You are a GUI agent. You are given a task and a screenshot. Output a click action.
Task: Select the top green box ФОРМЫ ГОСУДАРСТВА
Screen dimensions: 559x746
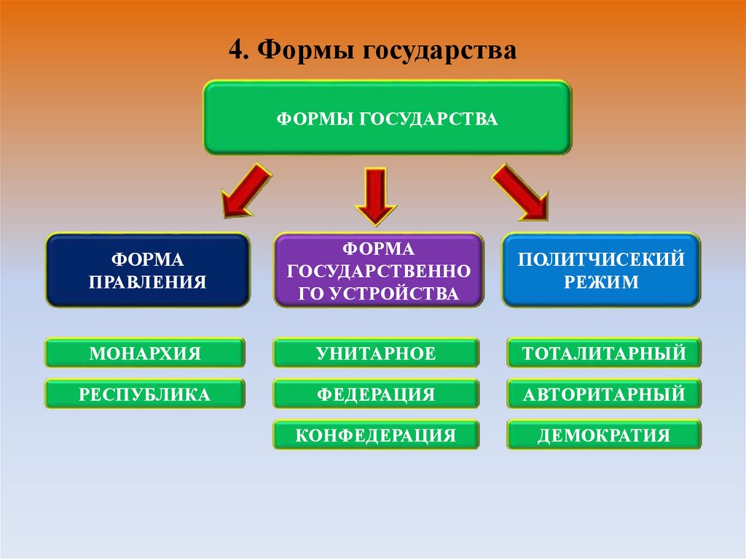tap(387, 117)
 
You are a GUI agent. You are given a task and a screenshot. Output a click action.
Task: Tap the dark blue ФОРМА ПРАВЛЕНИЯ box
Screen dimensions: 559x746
tap(147, 270)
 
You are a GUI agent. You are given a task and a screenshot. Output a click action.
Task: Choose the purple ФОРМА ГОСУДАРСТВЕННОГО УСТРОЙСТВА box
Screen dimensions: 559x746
tap(377, 270)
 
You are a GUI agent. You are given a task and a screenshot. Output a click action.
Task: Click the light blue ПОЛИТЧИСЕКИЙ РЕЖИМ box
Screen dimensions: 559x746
tap(601, 270)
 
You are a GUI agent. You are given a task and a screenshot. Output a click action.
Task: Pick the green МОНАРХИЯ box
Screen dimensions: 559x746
tap(144, 353)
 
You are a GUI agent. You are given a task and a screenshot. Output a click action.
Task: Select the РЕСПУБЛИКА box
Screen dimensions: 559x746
tap(144, 394)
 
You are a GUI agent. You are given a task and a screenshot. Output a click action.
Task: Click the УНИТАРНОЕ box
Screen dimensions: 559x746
tap(376, 353)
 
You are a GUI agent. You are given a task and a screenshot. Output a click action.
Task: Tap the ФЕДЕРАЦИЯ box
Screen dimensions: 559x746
tap(376, 394)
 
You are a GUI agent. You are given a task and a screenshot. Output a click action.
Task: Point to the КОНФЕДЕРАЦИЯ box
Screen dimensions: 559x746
tap(376, 435)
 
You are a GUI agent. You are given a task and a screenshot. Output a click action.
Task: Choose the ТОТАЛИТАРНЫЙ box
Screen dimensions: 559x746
tap(604, 353)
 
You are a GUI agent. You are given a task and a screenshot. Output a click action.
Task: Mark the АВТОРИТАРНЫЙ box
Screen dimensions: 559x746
tap(604, 394)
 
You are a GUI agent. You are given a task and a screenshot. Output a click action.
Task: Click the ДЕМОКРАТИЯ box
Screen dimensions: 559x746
tap(604, 435)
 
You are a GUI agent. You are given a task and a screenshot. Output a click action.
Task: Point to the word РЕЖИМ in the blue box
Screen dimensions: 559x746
tap(601, 281)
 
